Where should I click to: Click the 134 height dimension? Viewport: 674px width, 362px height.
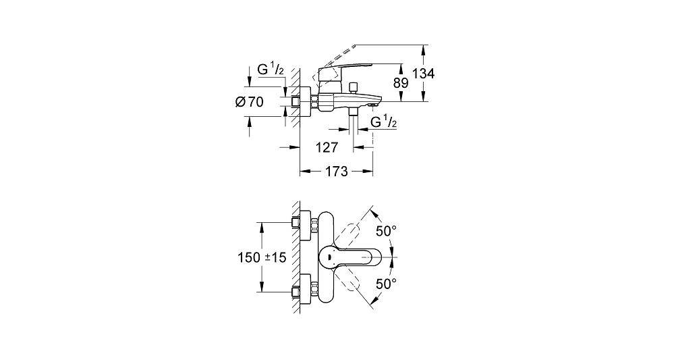click(424, 74)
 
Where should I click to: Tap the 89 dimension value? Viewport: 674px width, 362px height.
click(401, 82)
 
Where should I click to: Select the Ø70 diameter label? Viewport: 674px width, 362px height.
click(250, 102)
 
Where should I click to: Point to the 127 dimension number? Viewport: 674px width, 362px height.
click(327, 148)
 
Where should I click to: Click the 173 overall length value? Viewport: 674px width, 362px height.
click(336, 172)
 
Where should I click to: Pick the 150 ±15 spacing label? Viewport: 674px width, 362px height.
click(262, 257)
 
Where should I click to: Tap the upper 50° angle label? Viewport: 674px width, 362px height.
click(386, 231)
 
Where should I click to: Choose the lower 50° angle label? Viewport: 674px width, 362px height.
click(386, 284)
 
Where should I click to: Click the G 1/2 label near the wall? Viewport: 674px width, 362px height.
click(271, 69)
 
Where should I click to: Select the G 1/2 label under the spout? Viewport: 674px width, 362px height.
click(383, 122)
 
